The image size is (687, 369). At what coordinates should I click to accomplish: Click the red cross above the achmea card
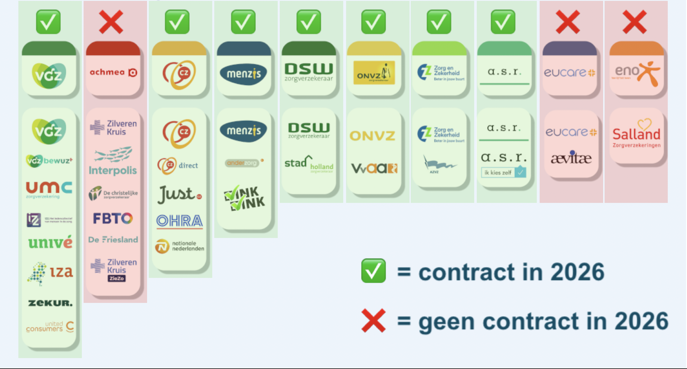point(111,22)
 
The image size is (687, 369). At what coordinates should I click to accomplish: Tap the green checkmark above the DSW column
point(309,22)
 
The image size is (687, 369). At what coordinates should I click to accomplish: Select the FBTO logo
point(113,219)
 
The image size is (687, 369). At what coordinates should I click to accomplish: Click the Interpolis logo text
point(113,170)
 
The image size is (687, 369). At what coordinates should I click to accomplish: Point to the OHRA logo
point(180,221)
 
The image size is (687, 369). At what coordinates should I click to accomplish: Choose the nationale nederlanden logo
point(180,246)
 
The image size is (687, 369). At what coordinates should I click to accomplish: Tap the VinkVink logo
point(244,198)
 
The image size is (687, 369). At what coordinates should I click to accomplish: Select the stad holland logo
point(309,164)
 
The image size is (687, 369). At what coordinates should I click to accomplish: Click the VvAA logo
point(374,168)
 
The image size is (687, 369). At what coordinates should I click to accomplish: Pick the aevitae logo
point(571,158)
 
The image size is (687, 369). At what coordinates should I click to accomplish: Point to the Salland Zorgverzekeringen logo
point(636,134)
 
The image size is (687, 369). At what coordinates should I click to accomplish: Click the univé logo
point(50,242)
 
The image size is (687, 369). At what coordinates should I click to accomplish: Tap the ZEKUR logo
point(50,303)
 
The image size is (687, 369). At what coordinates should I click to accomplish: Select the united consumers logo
point(50,327)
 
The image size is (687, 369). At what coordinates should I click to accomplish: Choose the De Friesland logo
point(113,240)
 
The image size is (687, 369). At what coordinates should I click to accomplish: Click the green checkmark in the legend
point(373,270)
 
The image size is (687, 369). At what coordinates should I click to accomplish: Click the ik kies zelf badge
point(503,172)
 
